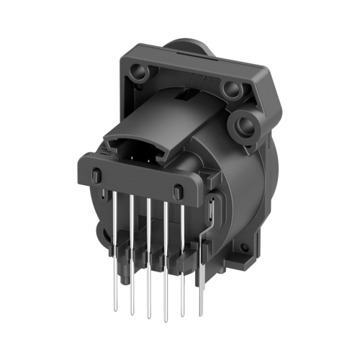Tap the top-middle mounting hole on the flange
click(x=230, y=90)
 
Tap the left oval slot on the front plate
click(x=96, y=175)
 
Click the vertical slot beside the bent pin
click(x=209, y=213)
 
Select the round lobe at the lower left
click(x=100, y=233)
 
